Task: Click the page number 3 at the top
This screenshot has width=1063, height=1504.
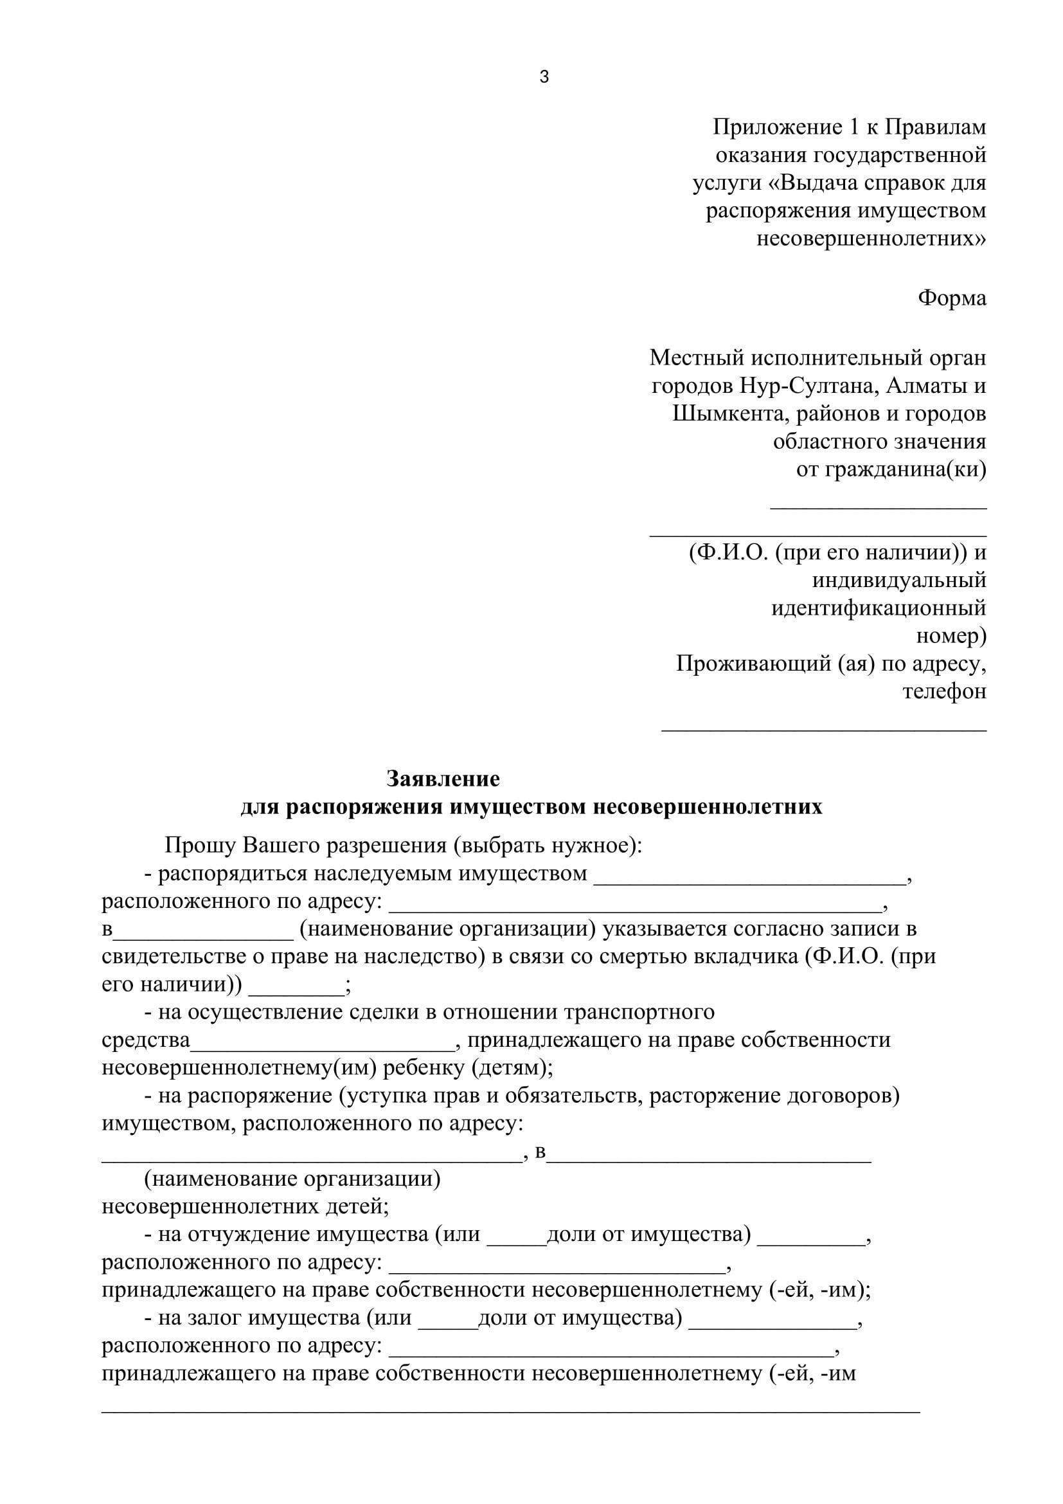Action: (x=544, y=77)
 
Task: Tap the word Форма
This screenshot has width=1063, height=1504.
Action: (x=952, y=298)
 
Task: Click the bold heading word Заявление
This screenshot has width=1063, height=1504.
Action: (x=443, y=779)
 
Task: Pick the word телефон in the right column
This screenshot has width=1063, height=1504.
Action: (x=944, y=692)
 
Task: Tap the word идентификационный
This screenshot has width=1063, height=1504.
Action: (x=879, y=608)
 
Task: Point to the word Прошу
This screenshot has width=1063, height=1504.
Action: (x=201, y=846)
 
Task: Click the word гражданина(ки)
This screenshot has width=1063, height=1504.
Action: (x=891, y=469)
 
